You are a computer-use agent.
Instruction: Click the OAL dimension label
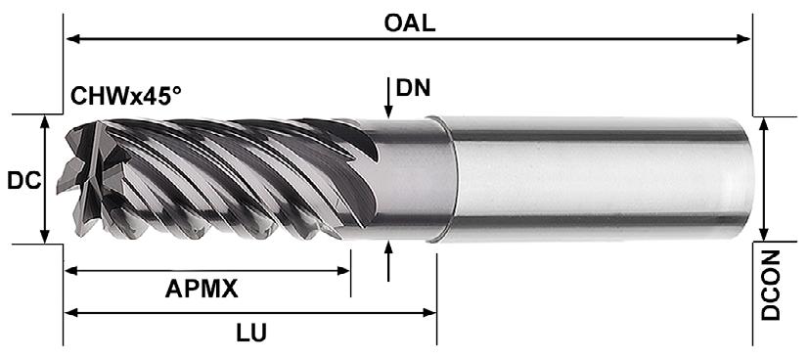(410, 22)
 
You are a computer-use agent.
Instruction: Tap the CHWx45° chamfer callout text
(126, 96)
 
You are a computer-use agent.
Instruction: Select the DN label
(413, 88)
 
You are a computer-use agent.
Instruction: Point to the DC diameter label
(23, 181)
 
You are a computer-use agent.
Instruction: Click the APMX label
(202, 290)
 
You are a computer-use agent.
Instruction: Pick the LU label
(251, 334)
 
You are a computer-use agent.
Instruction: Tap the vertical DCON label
(771, 286)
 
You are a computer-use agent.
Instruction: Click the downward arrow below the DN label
(388, 98)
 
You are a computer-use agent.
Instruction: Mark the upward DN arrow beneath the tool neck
(388, 261)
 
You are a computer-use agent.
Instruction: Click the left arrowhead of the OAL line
(72, 39)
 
